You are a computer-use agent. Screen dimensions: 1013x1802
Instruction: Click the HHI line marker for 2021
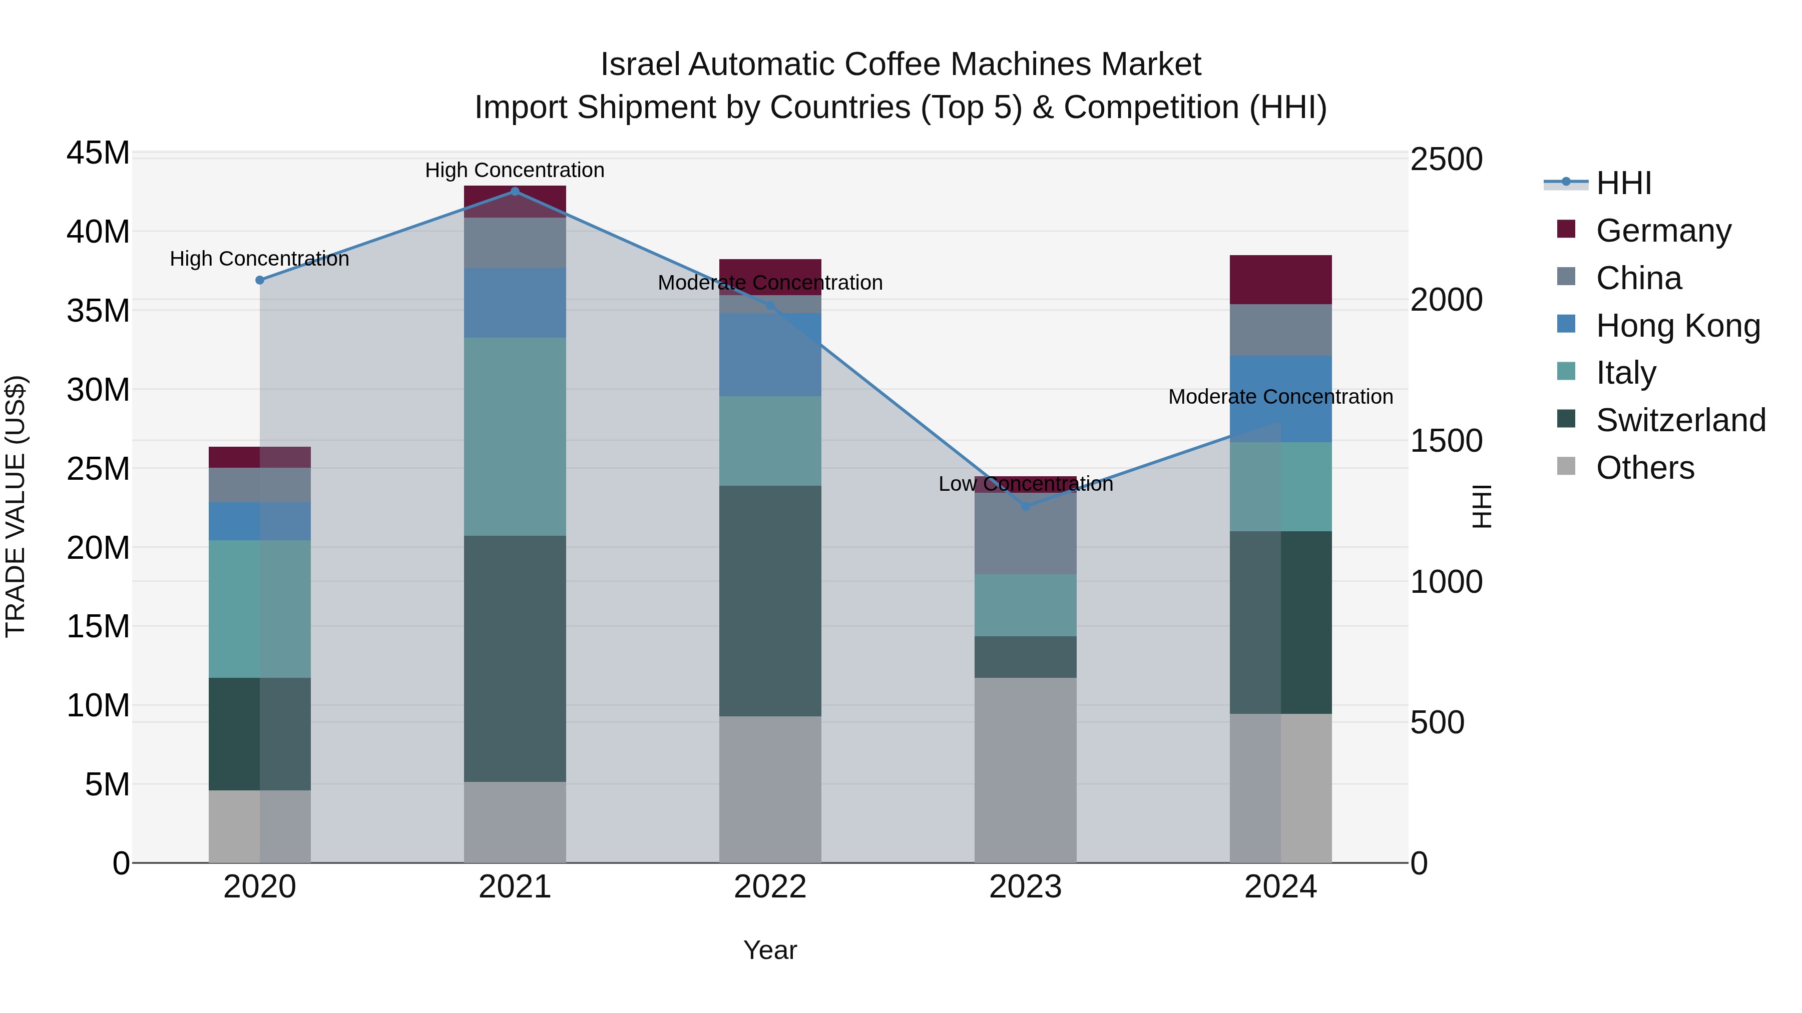(515, 191)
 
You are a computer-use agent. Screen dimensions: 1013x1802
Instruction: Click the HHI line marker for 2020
(259, 280)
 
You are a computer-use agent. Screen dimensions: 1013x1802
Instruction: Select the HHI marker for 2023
(1026, 505)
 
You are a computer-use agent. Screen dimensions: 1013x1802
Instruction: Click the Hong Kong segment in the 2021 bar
(515, 303)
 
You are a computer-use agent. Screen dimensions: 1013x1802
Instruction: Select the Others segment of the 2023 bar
(1026, 769)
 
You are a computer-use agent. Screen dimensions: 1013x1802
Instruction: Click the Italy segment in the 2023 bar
(1026, 605)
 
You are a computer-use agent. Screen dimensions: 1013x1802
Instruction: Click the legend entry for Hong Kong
(1677, 325)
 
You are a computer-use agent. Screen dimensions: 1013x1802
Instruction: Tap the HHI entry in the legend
(1623, 183)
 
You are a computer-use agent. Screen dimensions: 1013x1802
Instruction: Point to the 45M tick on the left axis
(98, 153)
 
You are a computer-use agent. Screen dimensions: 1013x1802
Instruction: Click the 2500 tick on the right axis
(1445, 160)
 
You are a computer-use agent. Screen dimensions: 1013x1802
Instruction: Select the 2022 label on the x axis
(770, 887)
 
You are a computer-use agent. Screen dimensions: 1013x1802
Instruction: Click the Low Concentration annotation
(1026, 483)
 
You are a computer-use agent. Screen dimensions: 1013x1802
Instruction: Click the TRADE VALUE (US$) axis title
(16, 506)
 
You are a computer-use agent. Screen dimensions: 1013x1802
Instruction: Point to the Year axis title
(770, 950)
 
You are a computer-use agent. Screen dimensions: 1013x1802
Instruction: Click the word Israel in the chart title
(639, 65)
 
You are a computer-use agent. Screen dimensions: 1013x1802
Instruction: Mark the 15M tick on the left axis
(98, 626)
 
